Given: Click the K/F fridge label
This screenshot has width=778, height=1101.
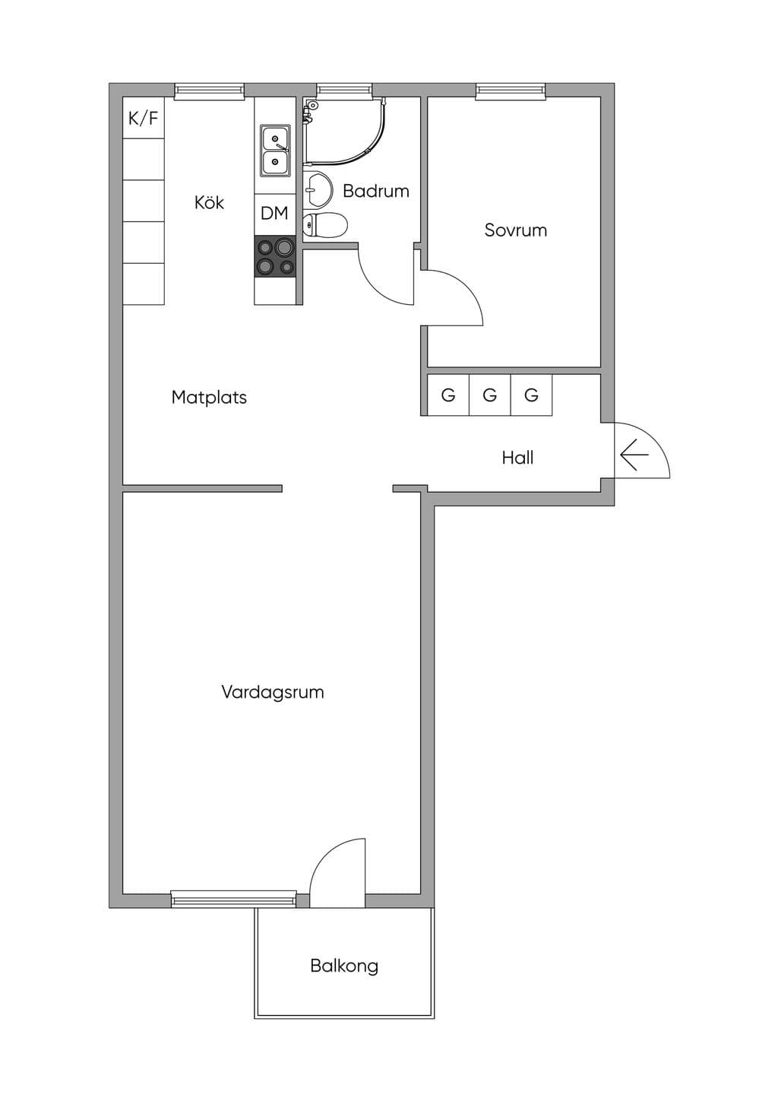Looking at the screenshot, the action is coord(144,118).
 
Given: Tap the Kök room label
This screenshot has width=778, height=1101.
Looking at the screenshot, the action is coord(209,202).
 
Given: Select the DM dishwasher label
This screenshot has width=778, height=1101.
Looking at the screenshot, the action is coord(274,214).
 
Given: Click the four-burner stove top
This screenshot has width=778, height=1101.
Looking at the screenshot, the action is coord(275,255).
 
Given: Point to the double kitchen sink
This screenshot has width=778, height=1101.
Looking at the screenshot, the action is coord(275,151).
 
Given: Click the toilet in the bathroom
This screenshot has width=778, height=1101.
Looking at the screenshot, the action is coord(325,224).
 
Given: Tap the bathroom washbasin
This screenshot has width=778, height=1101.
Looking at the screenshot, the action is coord(318,189).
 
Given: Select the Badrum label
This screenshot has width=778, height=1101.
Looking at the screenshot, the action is coord(376,191).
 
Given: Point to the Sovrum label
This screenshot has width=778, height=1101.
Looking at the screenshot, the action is coord(516,230).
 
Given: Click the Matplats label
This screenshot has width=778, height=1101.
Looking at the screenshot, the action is coord(209,397).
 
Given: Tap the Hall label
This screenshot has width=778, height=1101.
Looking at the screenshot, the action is coord(517,458).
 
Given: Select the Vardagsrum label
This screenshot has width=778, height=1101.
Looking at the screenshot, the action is coord(273,692).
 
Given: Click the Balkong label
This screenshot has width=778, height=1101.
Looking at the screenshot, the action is coord(344,966).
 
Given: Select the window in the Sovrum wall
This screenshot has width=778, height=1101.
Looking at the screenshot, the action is coord(511,91).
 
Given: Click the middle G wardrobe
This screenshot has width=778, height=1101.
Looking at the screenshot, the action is coord(490,395).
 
